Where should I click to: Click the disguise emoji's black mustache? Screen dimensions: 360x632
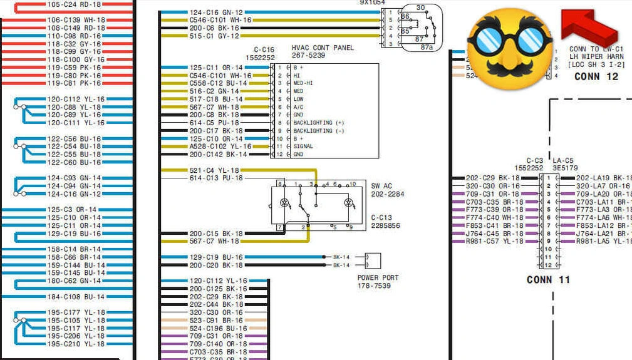click(510, 66)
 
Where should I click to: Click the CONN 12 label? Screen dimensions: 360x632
click(596, 76)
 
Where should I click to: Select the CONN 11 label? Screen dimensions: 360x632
click(548, 279)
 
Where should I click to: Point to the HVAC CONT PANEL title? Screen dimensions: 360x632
click(323, 48)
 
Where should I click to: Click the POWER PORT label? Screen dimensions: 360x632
click(378, 277)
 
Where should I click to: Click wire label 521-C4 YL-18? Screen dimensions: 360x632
click(214, 170)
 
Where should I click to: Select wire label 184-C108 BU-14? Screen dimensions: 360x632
click(76, 297)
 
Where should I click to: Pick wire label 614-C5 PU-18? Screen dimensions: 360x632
click(214, 123)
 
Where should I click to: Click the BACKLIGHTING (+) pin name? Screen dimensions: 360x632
click(319, 123)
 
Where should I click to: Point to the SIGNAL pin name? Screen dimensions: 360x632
click(304, 147)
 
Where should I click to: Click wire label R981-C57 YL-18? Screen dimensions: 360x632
click(494, 241)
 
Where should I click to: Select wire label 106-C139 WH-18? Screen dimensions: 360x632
click(76, 20)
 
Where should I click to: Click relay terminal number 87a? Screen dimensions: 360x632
click(427, 47)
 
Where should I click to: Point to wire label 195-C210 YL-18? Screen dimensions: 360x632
click(76, 344)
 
